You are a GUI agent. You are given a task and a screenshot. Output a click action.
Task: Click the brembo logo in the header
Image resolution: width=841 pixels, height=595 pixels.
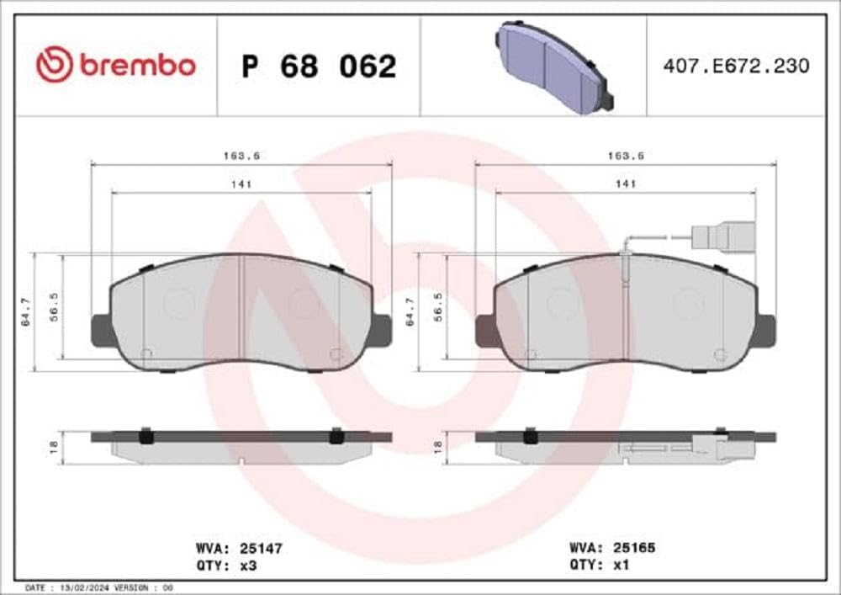[115, 65]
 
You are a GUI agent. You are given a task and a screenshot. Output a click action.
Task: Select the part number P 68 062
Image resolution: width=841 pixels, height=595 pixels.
[319, 66]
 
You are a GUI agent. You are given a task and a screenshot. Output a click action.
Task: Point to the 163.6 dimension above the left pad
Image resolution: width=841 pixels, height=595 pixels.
[241, 156]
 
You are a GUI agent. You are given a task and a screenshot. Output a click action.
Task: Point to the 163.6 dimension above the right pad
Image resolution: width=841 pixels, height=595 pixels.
[625, 156]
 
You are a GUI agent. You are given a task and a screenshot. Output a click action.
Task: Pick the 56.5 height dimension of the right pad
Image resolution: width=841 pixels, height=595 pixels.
[438, 311]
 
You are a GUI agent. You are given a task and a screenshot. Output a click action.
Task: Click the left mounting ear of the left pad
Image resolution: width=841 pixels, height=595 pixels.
[100, 328]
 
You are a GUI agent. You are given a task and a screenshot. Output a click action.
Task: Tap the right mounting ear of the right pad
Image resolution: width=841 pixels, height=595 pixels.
[765, 328]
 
